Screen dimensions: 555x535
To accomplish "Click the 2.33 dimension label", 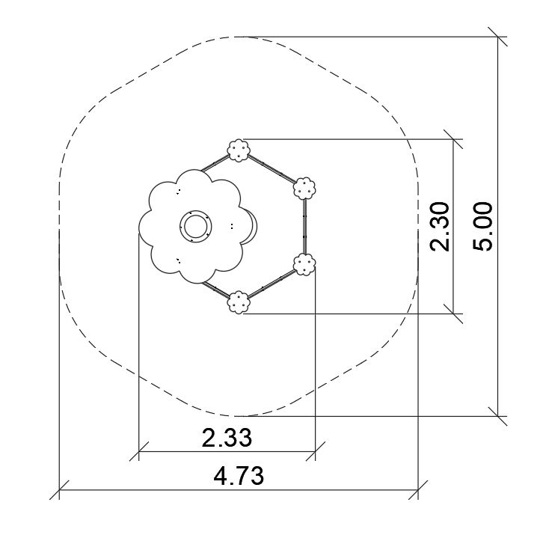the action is [x=227, y=437].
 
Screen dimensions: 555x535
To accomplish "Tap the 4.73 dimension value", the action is [x=239, y=476].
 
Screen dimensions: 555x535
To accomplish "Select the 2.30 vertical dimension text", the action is [x=440, y=227].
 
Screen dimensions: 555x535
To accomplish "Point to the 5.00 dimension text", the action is [x=482, y=227].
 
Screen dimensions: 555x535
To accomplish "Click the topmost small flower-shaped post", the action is [x=239, y=150].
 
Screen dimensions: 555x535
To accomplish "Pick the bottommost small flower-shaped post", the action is [x=239, y=302].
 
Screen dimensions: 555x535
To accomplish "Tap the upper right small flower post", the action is [x=304, y=189].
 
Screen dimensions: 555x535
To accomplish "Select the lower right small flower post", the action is [x=304, y=264].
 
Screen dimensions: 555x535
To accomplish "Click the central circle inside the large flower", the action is [x=195, y=226].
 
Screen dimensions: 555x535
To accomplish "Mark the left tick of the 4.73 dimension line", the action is [x=59, y=489].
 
